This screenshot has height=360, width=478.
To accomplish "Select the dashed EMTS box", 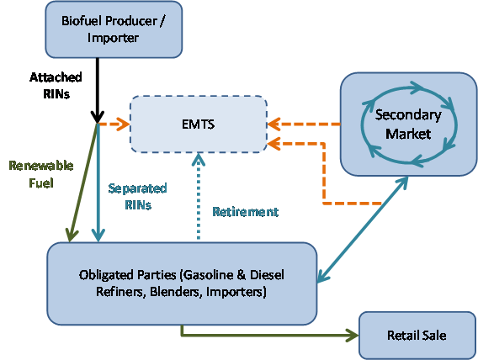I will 198,125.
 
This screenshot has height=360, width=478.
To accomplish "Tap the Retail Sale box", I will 416,335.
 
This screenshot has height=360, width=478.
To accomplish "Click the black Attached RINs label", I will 62,86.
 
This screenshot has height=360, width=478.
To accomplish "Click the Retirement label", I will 245,211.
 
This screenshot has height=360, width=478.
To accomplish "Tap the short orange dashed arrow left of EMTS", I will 114,125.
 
